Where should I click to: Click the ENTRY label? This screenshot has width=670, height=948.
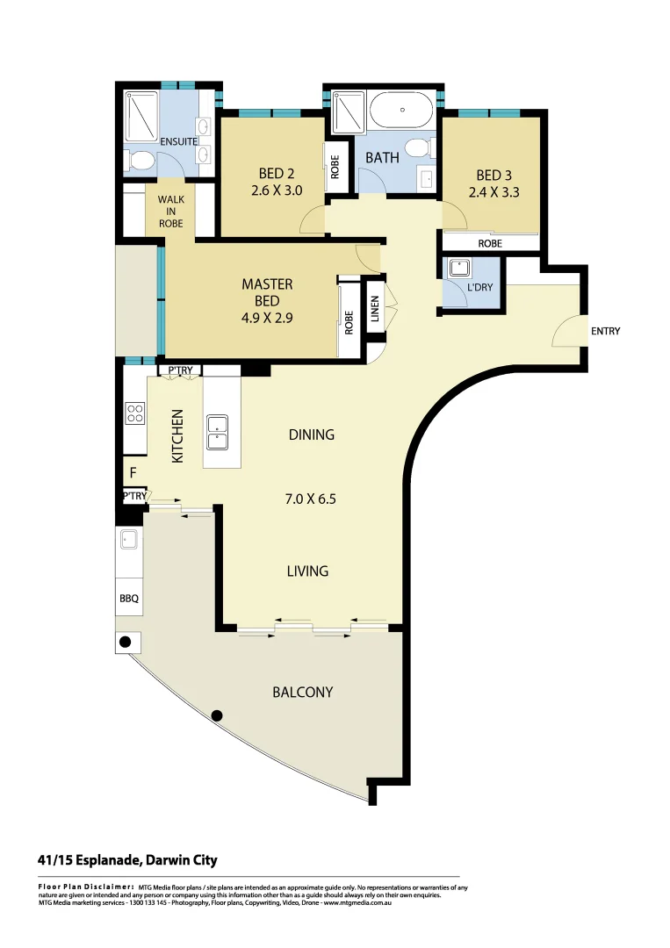pyautogui.click(x=605, y=331)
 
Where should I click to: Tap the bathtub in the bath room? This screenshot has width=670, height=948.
pyautogui.click(x=402, y=111)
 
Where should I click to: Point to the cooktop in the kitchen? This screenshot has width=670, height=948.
pyautogui.click(x=134, y=412)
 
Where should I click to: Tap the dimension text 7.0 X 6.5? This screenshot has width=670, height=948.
pyautogui.click(x=311, y=499)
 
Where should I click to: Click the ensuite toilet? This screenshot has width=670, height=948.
pyautogui.click(x=139, y=161)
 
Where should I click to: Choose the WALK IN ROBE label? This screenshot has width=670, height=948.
pyautogui.click(x=170, y=212)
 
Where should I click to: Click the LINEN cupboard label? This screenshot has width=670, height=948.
pyautogui.click(x=375, y=309)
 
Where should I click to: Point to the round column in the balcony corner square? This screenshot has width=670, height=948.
pyautogui.click(x=126, y=642)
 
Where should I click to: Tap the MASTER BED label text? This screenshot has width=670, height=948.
pyautogui.click(x=267, y=292)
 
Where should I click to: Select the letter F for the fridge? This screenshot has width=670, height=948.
pyautogui.click(x=133, y=473)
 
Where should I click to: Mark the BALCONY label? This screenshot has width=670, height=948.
pyautogui.click(x=302, y=692)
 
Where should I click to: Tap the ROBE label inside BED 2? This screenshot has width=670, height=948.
pyautogui.click(x=335, y=167)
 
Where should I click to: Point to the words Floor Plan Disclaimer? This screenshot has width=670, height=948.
pyautogui.click(x=85, y=887)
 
